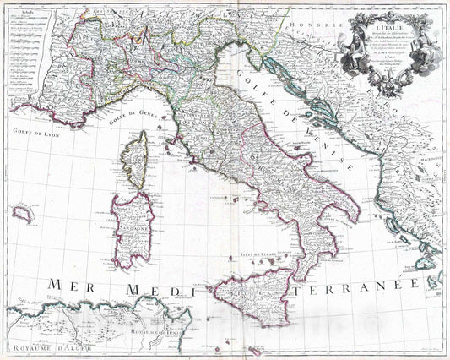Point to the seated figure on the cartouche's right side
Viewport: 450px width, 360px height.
(x=415, y=38)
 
